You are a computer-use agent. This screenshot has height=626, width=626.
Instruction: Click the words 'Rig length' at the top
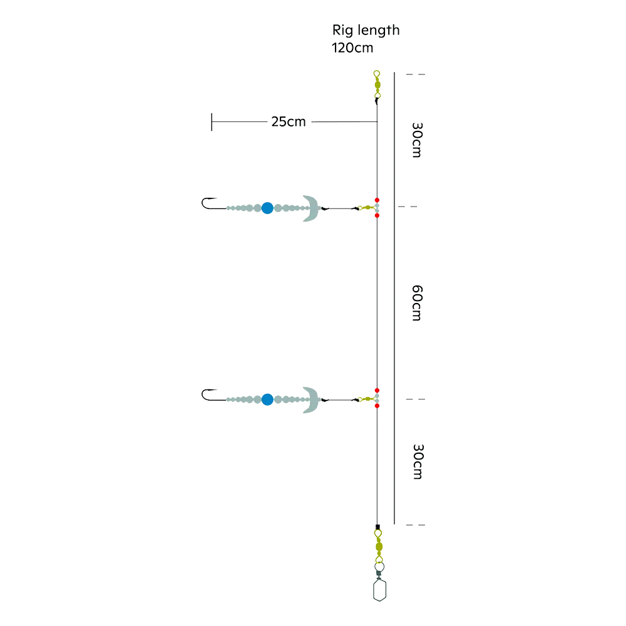[366, 30]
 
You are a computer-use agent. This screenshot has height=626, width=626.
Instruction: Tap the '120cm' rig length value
[352, 48]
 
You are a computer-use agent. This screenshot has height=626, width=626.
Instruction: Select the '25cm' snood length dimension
[288, 121]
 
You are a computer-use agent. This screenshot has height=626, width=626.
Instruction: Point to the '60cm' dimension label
[417, 303]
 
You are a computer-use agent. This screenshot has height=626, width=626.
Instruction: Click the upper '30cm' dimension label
[417, 140]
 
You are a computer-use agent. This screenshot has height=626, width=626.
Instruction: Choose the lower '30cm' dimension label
[418, 461]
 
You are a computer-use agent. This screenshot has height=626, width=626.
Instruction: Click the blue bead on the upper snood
[267, 208]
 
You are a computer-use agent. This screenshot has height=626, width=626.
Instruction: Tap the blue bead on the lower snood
[267, 399]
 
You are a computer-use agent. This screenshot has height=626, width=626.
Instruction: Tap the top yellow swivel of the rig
[377, 85]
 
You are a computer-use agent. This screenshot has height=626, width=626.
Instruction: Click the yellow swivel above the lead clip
[379, 546]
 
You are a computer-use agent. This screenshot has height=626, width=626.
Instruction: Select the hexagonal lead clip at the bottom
[380, 590]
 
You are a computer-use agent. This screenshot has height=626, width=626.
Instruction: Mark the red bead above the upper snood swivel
[377, 200]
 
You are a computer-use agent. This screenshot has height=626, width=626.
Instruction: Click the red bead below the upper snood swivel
[377, 215]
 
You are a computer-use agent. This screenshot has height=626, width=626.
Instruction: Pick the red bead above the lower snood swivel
[377, 391]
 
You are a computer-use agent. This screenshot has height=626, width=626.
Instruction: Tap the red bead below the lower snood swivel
[377, 406]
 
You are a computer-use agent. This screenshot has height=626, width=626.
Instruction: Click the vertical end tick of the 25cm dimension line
[212, 122]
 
